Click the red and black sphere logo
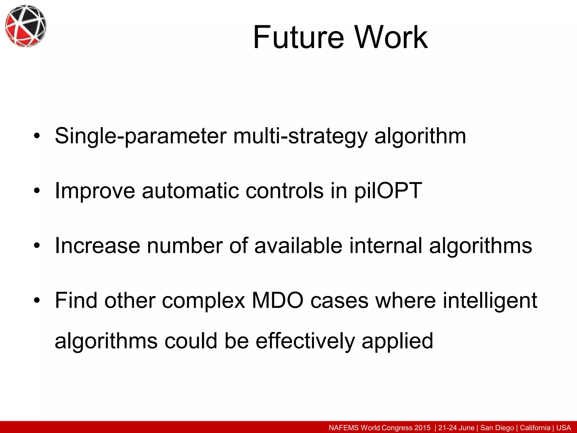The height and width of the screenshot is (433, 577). (25, 26)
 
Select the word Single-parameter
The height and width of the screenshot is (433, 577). (141, 136)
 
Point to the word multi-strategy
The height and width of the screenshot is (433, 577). (300, 136)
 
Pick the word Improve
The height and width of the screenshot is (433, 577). (95, 191)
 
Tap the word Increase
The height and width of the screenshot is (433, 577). (97, 246)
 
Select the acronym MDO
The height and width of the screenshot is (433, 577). (278, 301)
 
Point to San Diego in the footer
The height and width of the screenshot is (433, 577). (497, 428)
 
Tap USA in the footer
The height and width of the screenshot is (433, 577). (563, 428)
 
